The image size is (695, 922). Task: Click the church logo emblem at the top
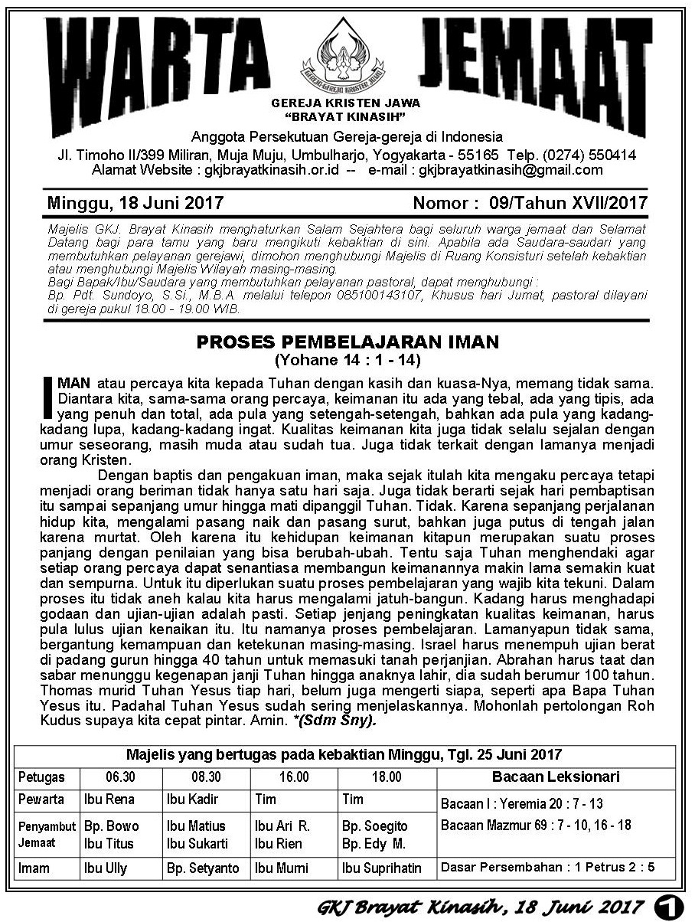click(347, 54)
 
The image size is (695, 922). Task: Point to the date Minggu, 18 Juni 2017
click(135, 203)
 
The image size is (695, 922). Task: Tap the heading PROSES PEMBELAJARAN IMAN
click(347, 341)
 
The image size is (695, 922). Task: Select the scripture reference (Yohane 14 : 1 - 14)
click(347, 358)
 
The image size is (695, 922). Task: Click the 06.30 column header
click(120, 777)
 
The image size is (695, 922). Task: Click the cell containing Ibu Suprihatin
click(382, 868)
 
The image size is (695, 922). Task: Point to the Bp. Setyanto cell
click(203, 868)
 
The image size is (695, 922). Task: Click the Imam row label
click(34, 868)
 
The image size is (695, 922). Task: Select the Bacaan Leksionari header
click(556, 777)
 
